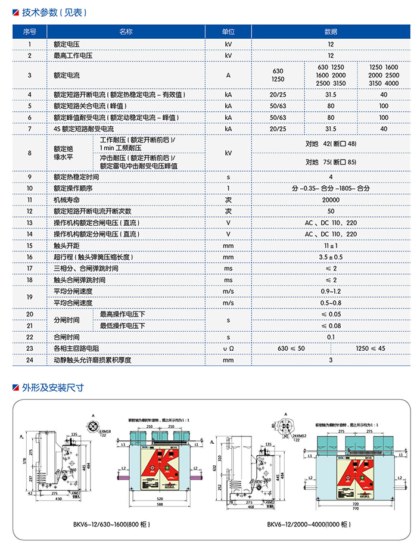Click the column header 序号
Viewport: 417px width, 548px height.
(x=30, y=32)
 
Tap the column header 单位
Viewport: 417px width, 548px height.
(x=228, y=32)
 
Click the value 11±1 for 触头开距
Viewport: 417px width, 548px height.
(x=331, y=245)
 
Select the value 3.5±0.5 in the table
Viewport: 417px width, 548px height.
(x=331, y=257)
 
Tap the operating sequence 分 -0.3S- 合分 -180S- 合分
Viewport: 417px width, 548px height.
(x=331, y=188)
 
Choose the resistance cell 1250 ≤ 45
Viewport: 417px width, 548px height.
(x=370, y=348)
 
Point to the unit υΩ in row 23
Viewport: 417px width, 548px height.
(x=228, y=348)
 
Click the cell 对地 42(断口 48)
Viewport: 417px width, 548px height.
(x=331, y=144)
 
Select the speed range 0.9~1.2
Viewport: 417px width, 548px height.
(x=331, y=291)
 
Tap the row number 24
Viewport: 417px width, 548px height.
(x=30, y=360)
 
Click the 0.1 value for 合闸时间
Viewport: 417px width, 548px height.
(x=331, y=337)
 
